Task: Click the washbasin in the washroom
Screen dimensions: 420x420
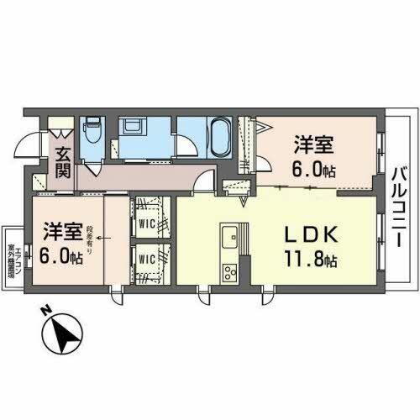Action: pos(134,127)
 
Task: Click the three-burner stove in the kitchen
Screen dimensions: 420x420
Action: pos(230,271)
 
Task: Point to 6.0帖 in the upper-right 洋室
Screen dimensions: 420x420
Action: pos(313,166)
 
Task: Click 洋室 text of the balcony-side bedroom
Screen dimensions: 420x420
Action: pos(312,143)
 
